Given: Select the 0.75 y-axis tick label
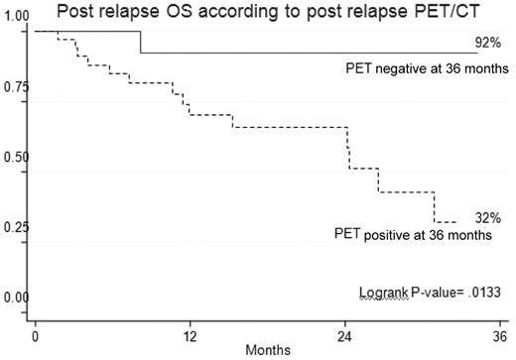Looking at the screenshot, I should click(16, 87).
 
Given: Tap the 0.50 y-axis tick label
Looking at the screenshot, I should click(16, 158).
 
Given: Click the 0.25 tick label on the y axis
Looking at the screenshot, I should click(16, 227).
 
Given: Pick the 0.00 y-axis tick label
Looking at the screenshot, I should click(16, 298).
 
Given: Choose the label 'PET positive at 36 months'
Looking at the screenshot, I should click(414, 235).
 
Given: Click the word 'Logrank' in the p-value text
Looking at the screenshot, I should click(385, 292).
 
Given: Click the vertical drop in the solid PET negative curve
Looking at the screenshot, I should click(140, 43).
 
